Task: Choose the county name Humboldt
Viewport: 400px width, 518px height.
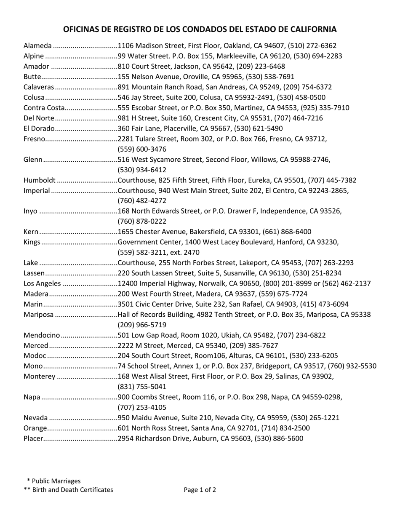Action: coord(40,180)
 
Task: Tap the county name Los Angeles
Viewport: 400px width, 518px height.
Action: coord(42,283)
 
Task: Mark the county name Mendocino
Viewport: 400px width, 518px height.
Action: coord(42,335)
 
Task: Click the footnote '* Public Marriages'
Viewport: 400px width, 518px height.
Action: coord(53,481)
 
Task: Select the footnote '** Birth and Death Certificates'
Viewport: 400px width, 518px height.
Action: coord(69,489)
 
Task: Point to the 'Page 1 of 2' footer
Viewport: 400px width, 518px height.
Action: coord(200,489)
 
